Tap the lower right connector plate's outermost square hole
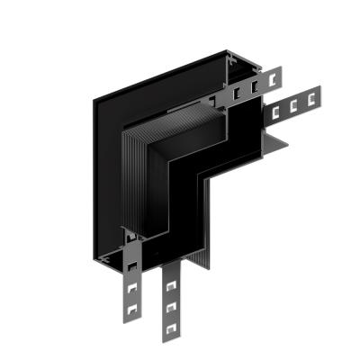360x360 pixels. pos(314,96)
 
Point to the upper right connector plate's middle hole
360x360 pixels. pos(255,86)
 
